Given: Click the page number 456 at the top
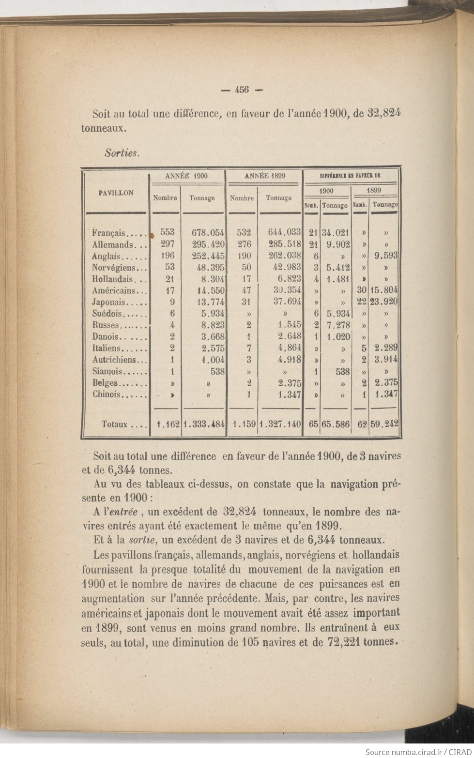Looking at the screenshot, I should click(x=241, y=89).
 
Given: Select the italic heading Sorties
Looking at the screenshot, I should click(x=122, y=153).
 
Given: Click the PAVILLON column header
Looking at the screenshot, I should click(x=116, y=193).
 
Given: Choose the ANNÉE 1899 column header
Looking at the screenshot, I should click(x=264, y=176).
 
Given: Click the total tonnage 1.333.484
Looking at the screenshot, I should click(x=204, y=424).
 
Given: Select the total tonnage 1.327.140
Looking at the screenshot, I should click(x=281, y=424).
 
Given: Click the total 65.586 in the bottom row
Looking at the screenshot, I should click(x=335, y=424).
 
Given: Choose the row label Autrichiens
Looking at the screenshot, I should click(x=119, y=360).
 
